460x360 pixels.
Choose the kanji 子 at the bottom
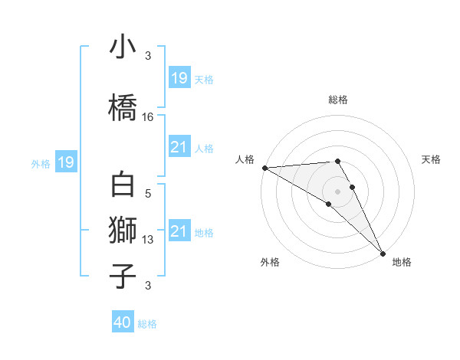[123, 275]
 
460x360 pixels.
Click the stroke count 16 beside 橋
[148, 117]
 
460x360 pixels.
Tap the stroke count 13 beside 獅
[148, 240]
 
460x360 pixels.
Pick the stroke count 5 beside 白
[148, 195]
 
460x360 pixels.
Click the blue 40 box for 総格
[123, 323]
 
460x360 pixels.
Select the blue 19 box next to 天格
[179, 78]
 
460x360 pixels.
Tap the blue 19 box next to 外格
[65, 162]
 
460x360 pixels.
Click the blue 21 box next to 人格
[179, 148]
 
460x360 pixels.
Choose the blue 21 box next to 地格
[179, 232]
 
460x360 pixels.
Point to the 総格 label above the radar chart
[337, 100]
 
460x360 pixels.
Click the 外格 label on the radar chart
[270, 263]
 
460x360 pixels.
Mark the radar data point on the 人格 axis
[264, 168]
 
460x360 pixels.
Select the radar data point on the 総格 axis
[337, 161]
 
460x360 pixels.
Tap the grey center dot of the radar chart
[337, 191]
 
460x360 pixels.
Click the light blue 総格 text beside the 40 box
[147, 324]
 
